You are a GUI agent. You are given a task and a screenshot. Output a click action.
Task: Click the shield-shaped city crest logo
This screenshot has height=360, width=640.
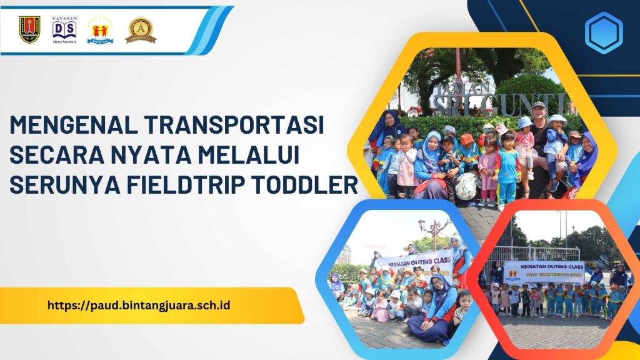[x=29, y=29]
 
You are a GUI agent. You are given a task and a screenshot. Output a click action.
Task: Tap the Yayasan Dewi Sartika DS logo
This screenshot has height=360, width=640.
[x=64, y=29]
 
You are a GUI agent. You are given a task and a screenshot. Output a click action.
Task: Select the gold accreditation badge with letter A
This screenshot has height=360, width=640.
[x=140, y=29]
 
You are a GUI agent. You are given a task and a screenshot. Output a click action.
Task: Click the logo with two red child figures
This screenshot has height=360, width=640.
[x=100, y=30]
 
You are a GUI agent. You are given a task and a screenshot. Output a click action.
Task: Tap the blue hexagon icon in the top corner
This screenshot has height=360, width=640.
[x=603, y=32]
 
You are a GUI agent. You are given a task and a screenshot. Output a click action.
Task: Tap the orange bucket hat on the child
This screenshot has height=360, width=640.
[x=467, y=139]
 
